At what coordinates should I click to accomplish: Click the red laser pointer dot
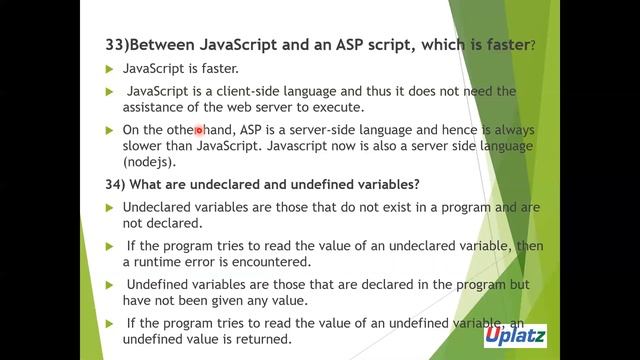(199, 130)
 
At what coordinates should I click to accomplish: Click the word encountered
(260, 262)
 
